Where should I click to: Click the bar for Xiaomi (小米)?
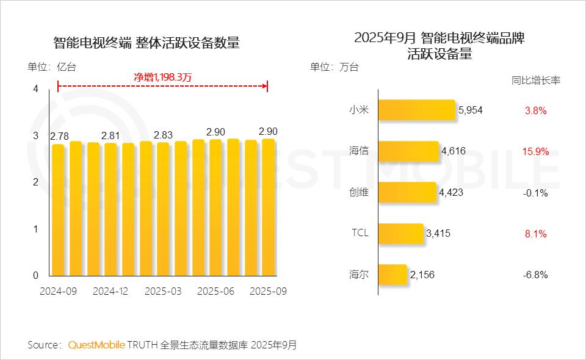(417, 110)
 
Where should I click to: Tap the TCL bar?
(401, 234)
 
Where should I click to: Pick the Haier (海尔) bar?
(392, 275)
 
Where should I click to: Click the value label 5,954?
(471, 110)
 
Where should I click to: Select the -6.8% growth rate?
(535, 275)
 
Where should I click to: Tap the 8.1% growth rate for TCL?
(535, 234)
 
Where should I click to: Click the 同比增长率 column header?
(535, 81)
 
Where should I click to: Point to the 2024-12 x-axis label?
(110, 292)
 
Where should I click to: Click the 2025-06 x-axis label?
(216, 292)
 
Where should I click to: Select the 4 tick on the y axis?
(35, 89)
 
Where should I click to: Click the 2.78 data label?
(59, 135)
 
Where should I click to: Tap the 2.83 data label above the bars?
(164, 135)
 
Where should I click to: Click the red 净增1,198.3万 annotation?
(162, 77)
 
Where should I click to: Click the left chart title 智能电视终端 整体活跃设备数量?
(146, 43)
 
